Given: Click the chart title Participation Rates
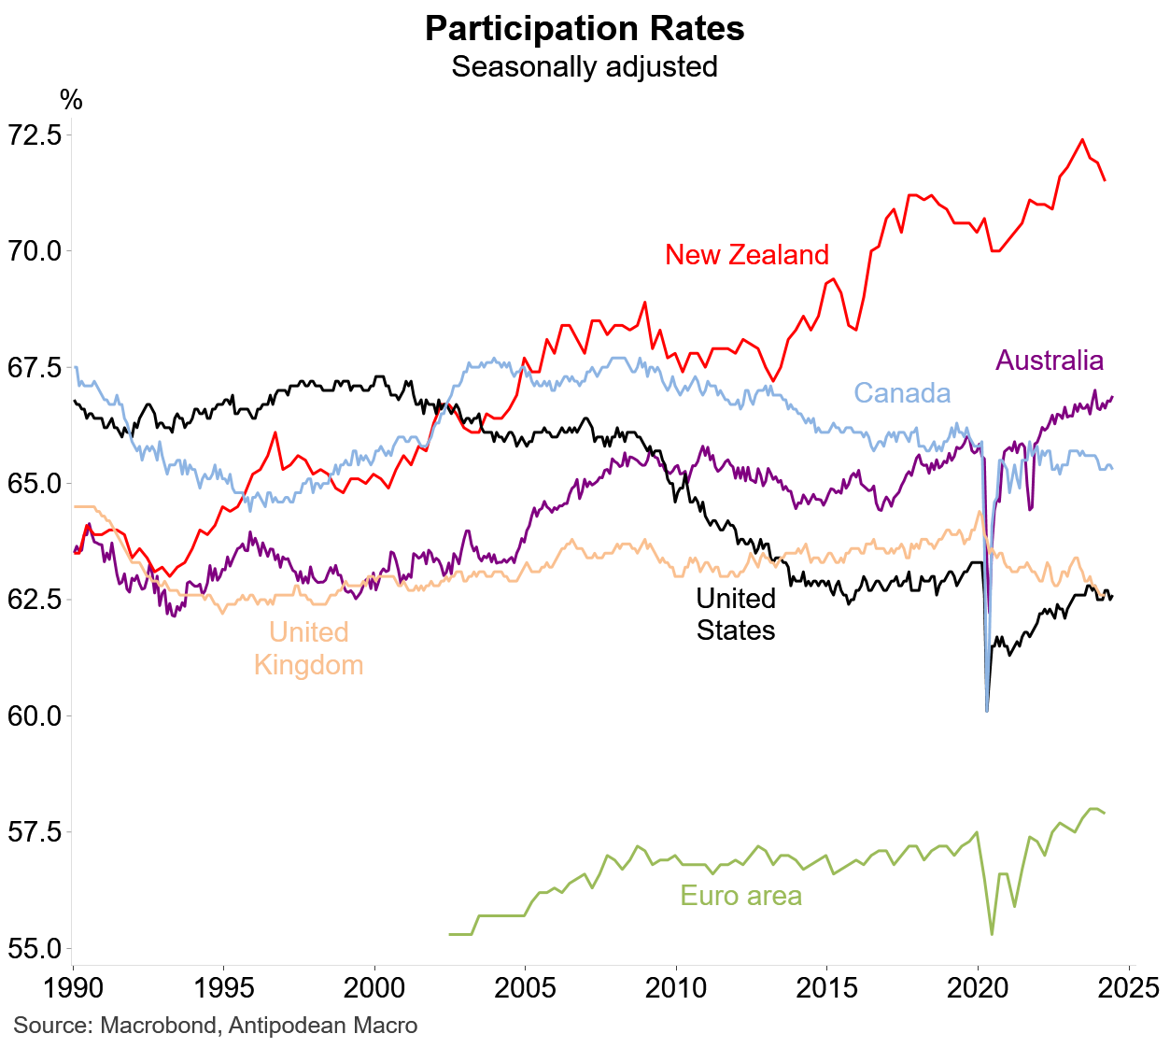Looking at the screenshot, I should coord(585,29).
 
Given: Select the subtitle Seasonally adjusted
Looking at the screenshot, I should coord(585,67).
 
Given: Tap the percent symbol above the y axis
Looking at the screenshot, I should coord(71,101).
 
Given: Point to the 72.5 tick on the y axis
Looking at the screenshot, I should coord(35,135).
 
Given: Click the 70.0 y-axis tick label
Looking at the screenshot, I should coord(35,251).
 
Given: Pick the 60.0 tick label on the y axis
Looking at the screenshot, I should coord(35,716).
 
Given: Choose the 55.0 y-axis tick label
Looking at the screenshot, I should coord(35,949).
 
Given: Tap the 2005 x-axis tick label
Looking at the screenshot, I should coord(525,987).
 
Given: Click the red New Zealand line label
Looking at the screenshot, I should coord(747,255).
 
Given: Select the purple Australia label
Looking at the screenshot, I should coord(1050,361).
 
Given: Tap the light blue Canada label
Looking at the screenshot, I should coord(902,393).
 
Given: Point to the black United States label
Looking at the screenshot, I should coord(736,615).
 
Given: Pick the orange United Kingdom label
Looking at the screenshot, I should coord(308,649).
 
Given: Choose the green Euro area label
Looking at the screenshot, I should coord(740,897).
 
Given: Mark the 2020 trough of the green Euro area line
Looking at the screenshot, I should coord(992,934).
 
